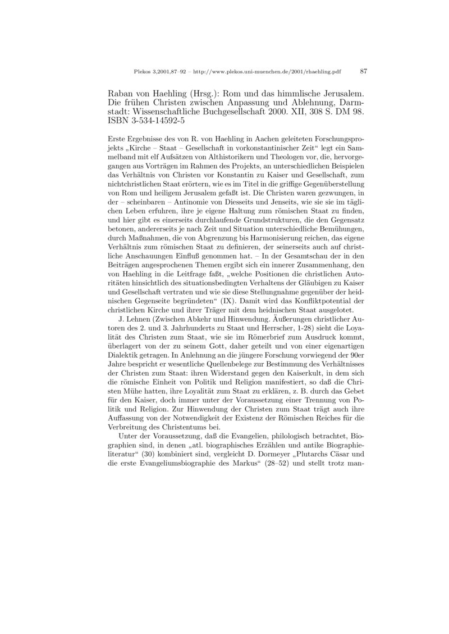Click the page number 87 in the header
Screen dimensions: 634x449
[x=363, y=71]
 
